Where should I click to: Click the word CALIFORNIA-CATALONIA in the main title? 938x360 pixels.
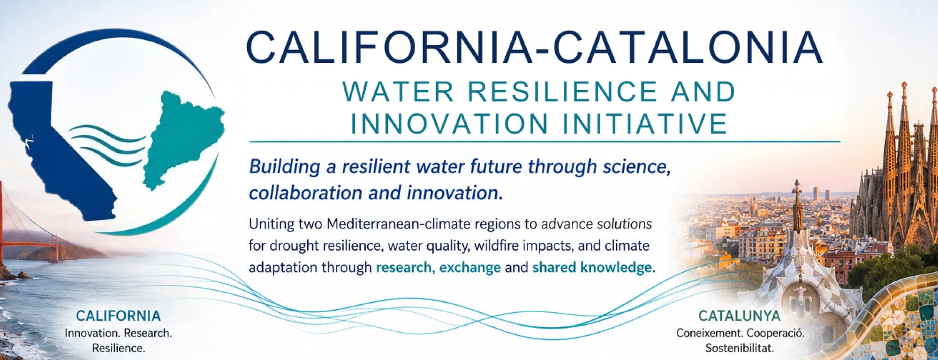pyautogui.click(x=534, y=47)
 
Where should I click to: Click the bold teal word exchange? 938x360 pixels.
pyautogui.click(x=470, y=267)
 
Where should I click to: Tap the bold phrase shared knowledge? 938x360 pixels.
pyautogui.click(x=594, y=267)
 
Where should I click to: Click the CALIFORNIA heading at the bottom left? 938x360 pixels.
pyautogui.click(x=118, y=316)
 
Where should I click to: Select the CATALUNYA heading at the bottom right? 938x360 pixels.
pyautogui.click(x=740, y=316)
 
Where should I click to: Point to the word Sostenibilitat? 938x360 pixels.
pyautogui.click(x=740, y=348)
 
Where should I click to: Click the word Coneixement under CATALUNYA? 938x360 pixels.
pyautogui.click(x=709, y=333)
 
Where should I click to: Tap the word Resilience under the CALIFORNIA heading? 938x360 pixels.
pyautogui.click(x=119, y=348)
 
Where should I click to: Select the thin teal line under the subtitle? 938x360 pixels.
pyautogui.click(x=545, y=141)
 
